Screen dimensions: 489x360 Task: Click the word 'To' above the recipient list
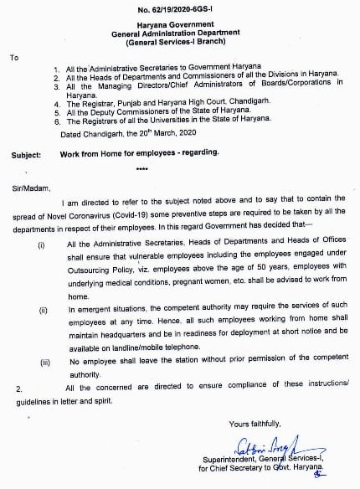(13, 57)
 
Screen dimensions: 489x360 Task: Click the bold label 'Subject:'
(29, 155)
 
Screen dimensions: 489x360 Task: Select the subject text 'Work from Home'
(90, 155)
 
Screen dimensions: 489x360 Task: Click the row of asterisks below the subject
(141, 168)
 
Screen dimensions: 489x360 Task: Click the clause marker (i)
(41, 244)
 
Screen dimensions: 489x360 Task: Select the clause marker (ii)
(42, 310)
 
